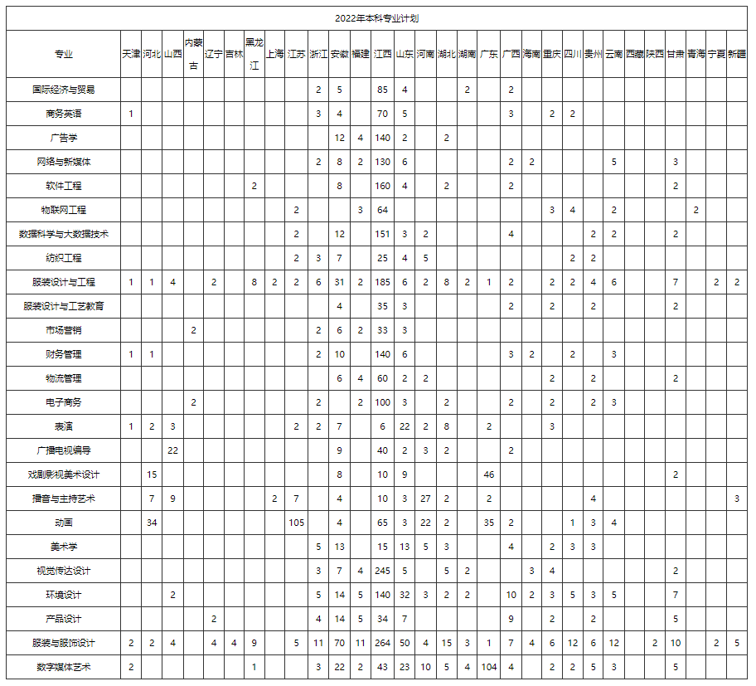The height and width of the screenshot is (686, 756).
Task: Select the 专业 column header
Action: pyautogui.click(x=63, y=54)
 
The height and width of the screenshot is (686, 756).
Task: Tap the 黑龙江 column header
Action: pyautogui.click(x=254, y=54)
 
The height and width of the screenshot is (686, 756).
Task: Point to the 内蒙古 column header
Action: pyautogui.click(x=193, y=54)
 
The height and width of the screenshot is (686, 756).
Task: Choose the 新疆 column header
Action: pyautogui.click(x=737, y=54)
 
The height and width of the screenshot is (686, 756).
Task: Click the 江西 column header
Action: pyautogui.click(x=382, y=54)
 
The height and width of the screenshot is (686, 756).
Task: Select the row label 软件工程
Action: pyautogui.click(x=63, y=186)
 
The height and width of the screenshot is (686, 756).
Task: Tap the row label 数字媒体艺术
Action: pyautogui.click(x=63, y=667)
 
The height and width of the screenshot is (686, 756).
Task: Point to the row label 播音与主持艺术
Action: pyautogui.click(x=63, y=499)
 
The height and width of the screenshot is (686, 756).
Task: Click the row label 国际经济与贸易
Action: pyautogui.click(x=63, y=90)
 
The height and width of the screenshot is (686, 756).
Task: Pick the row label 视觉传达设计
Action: pyautogui.click(x=63, y=571)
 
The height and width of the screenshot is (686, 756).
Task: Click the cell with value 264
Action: pyautogui.click(x=382, y=643)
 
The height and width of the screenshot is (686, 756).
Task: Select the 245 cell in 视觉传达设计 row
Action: pyautogui.click(x=382, y=571)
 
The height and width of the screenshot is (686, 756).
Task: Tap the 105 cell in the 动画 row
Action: pyautogui.click(x=297, y=523)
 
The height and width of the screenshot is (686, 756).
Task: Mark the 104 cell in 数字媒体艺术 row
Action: pyautogui.click(x=489, y=667)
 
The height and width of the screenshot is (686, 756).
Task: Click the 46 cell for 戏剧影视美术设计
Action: pyautogui.click(x=489, y=474)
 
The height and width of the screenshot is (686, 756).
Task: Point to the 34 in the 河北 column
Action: pyautogui.click(x=152, y=523)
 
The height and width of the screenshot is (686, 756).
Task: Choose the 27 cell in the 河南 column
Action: pyautogui.click(x=425, y=499)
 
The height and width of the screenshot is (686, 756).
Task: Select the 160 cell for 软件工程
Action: pyautogui.click(x=382, y=186)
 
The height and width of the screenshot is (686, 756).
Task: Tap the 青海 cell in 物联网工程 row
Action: pyautogui.click(x=696, y=210)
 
